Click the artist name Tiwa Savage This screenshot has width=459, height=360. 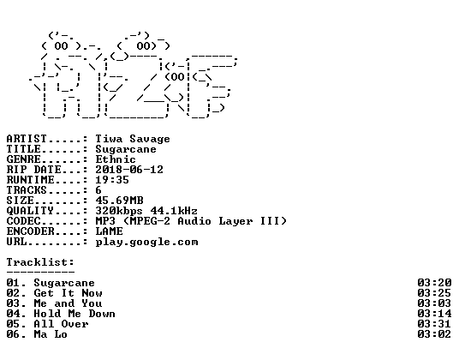click(x=133, y=139)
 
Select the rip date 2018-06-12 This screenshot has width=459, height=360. click(x=129, y=170)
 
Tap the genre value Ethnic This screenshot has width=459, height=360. click(x=116, y=159)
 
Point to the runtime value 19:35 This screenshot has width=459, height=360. click(x=112, y=179)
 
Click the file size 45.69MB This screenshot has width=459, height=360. click(x=119, y=201)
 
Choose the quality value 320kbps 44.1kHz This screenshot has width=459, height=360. click(x=146, y=211)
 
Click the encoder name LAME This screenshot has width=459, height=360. click(x=109, y=231)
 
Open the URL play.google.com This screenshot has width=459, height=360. click(x=146, y=242)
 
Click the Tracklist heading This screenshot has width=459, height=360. click(x=40, y=262)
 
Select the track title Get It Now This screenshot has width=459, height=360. click(x=68, y=293)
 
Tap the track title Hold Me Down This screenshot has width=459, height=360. click(x=75, y=314)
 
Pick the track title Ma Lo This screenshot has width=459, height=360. click(x=51, y=334)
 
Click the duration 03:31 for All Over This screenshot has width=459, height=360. click(x=434, y=324)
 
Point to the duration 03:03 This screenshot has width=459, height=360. click(x=434, y=303)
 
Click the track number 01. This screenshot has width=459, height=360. click(x=13, y=283)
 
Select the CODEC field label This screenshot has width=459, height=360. click(x=23, y=221)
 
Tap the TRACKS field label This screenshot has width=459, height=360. click(x=27, y=189)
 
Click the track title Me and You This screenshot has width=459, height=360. click(x=68, y=303)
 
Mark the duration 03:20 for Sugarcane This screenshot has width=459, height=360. click(x=434, y=283)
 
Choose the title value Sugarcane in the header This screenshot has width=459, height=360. click(x=126, y=149)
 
